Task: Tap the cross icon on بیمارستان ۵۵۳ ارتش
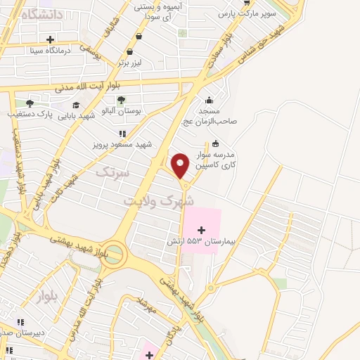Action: pos(202,229)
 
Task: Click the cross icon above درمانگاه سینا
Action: pos(49,39)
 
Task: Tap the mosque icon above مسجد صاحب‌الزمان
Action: pos(209,99)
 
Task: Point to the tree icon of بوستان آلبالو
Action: pos(121,100)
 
